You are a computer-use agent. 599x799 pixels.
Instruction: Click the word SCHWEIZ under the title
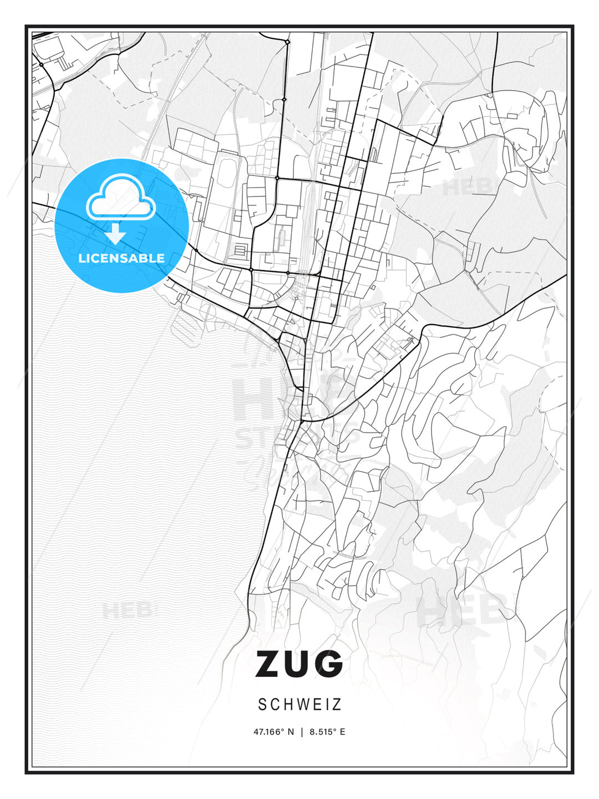click(299, 705)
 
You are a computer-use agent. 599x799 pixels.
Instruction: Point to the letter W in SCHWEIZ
click(301, 705)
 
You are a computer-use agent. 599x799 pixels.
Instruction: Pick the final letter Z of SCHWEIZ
click(337, 705)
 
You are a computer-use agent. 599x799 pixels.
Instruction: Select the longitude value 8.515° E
click(327, 732)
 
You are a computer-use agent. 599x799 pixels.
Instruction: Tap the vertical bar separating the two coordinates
click(302, 732)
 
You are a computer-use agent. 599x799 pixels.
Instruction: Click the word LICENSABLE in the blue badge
click(121, 258)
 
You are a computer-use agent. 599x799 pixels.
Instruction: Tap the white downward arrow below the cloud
click(116, 234)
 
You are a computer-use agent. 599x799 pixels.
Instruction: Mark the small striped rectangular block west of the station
click(240, 250)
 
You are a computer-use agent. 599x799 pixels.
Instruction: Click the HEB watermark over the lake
click(126, 611)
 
